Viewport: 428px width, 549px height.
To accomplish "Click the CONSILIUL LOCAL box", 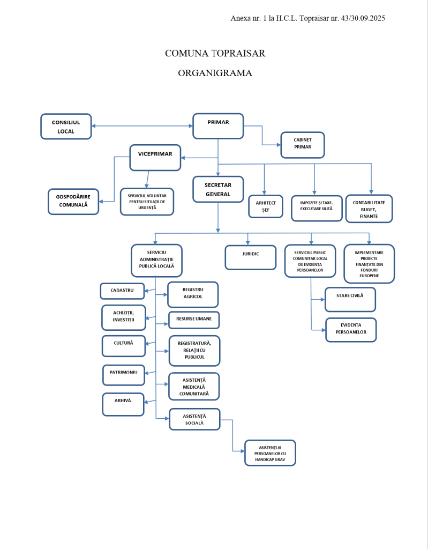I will (66, 127).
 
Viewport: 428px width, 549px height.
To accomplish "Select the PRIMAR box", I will (218, 127).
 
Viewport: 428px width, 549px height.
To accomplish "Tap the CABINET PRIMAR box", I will (302, 145).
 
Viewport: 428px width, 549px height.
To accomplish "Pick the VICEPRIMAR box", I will (155, 158).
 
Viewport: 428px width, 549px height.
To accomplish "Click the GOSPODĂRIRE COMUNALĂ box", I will (73, 202).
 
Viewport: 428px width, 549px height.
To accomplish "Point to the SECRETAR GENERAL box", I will (217, 189).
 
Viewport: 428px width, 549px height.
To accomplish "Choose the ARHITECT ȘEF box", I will (265, 206).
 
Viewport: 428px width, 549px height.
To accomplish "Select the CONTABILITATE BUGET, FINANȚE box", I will (369, 209).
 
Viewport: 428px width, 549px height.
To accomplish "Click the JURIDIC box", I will (250, 257).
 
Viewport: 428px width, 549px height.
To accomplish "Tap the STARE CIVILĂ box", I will (350, 299).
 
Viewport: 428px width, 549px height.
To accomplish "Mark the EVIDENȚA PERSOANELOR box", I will (350, 329).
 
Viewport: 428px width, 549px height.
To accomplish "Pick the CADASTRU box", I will (122, 291).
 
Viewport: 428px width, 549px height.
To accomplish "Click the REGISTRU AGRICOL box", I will (192, 294).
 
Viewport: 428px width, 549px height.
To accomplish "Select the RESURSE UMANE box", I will (193, 320).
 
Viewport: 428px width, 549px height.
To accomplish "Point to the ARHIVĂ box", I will (123, 404).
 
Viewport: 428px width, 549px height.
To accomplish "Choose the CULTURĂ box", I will (123, 346).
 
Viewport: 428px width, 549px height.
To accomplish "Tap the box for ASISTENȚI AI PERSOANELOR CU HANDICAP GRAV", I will (269, 453).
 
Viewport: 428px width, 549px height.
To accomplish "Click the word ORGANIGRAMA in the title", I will (215, 73).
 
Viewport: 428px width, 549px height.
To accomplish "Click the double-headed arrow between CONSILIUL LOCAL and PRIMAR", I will (142, 126).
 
